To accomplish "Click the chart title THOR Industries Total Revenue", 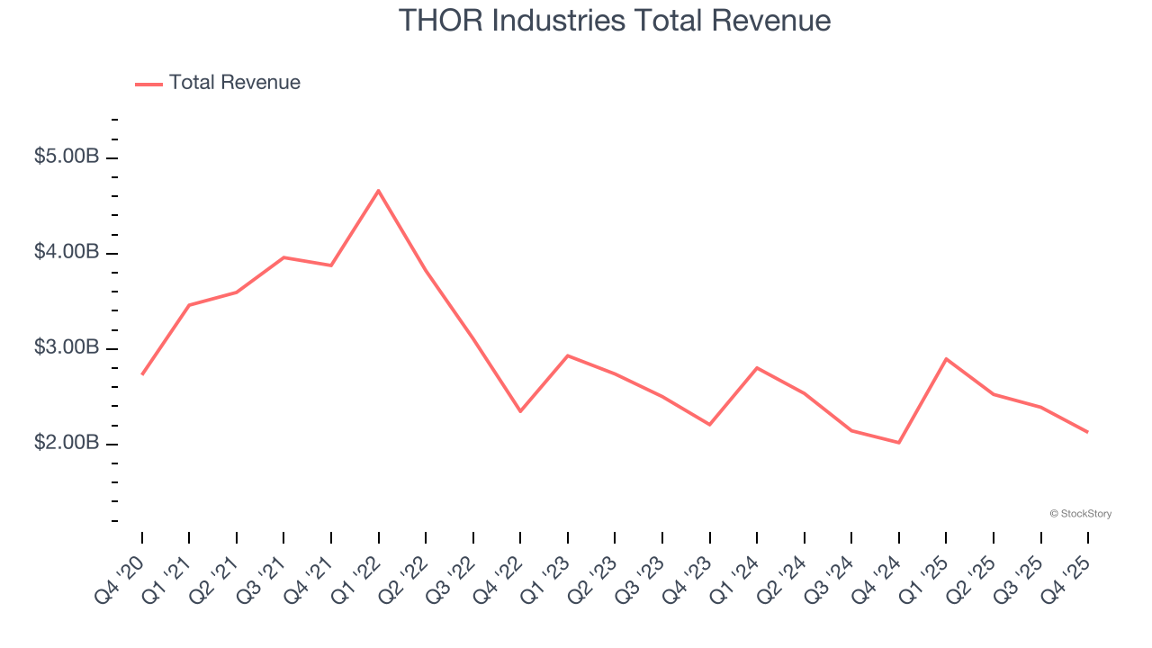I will (615, 20).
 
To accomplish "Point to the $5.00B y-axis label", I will (67, 157).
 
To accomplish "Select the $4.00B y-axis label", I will (67, 252).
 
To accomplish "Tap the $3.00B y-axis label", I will (67, 347).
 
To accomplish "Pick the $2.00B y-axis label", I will (67, 443).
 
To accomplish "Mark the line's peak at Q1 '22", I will (378, 190).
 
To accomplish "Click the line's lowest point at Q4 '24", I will (898, 443).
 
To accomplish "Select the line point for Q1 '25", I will (946, 358).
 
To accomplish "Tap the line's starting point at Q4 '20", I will (142, 374).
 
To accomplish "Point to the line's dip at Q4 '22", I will (520, 411).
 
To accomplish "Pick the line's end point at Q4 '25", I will (1087, 432).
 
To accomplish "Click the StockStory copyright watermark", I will (1080, 514).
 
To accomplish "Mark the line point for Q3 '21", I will (283, 257).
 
